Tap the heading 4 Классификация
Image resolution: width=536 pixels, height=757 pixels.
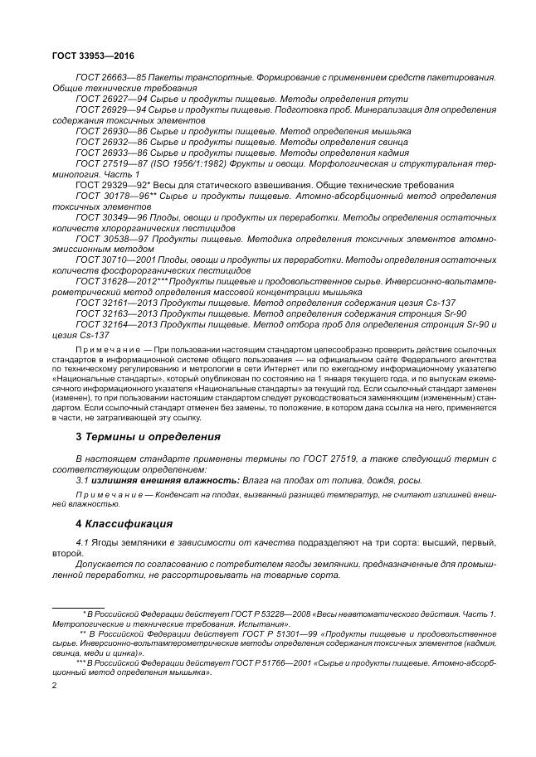124,524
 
